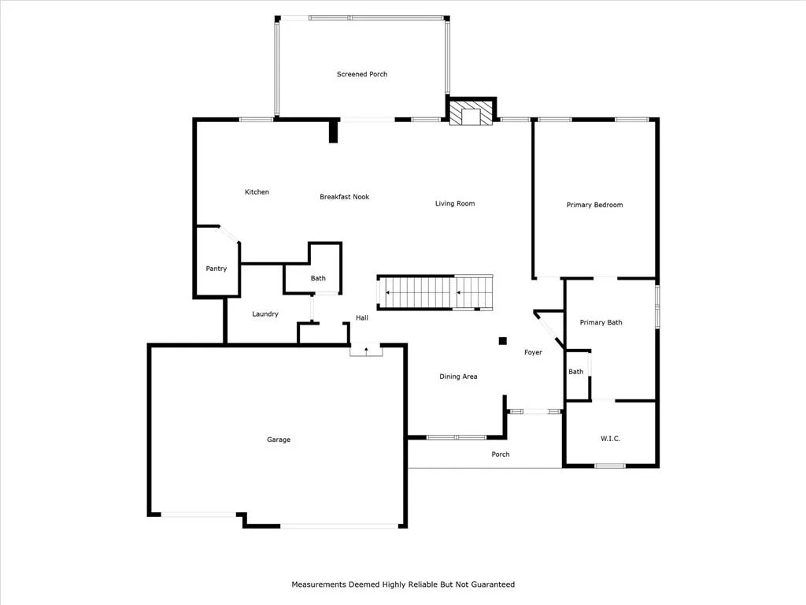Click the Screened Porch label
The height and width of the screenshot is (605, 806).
coord(362,74)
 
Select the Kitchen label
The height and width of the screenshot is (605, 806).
coord(257,192)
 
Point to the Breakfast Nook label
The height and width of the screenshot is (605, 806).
coord(345,196)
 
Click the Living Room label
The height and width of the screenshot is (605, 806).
coord(455,204)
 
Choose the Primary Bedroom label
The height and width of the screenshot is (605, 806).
coord(595,205)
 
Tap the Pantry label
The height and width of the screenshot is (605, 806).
coord(216,269)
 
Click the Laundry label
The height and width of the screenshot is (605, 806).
coord(265,314)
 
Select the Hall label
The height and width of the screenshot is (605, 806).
coord(362,317)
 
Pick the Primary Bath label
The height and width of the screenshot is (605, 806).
coord(601,322)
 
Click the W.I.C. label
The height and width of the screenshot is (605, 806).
coord(610,438)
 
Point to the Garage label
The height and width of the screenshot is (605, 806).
coord(279,440)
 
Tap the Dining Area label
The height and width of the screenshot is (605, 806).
coord(458,377)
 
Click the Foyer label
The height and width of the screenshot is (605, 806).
coord(533,352)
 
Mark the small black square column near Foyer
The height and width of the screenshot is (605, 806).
coord(503,340)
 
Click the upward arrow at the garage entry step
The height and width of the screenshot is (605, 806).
coord(366,351)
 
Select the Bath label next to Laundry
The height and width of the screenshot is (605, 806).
coord(318,278)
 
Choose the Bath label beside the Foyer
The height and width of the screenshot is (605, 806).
coord(575,372)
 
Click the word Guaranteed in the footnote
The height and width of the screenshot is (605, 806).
coord(491,585)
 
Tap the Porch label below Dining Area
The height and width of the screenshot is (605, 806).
coord(500,455)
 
